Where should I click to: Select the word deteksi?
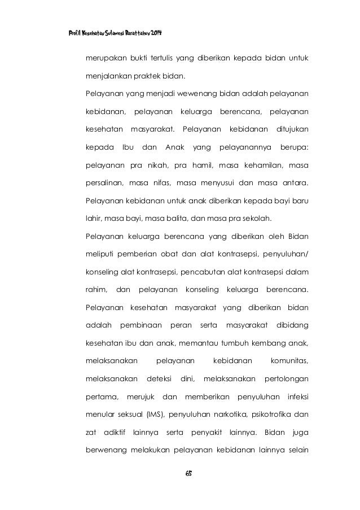tap(159, 377)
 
